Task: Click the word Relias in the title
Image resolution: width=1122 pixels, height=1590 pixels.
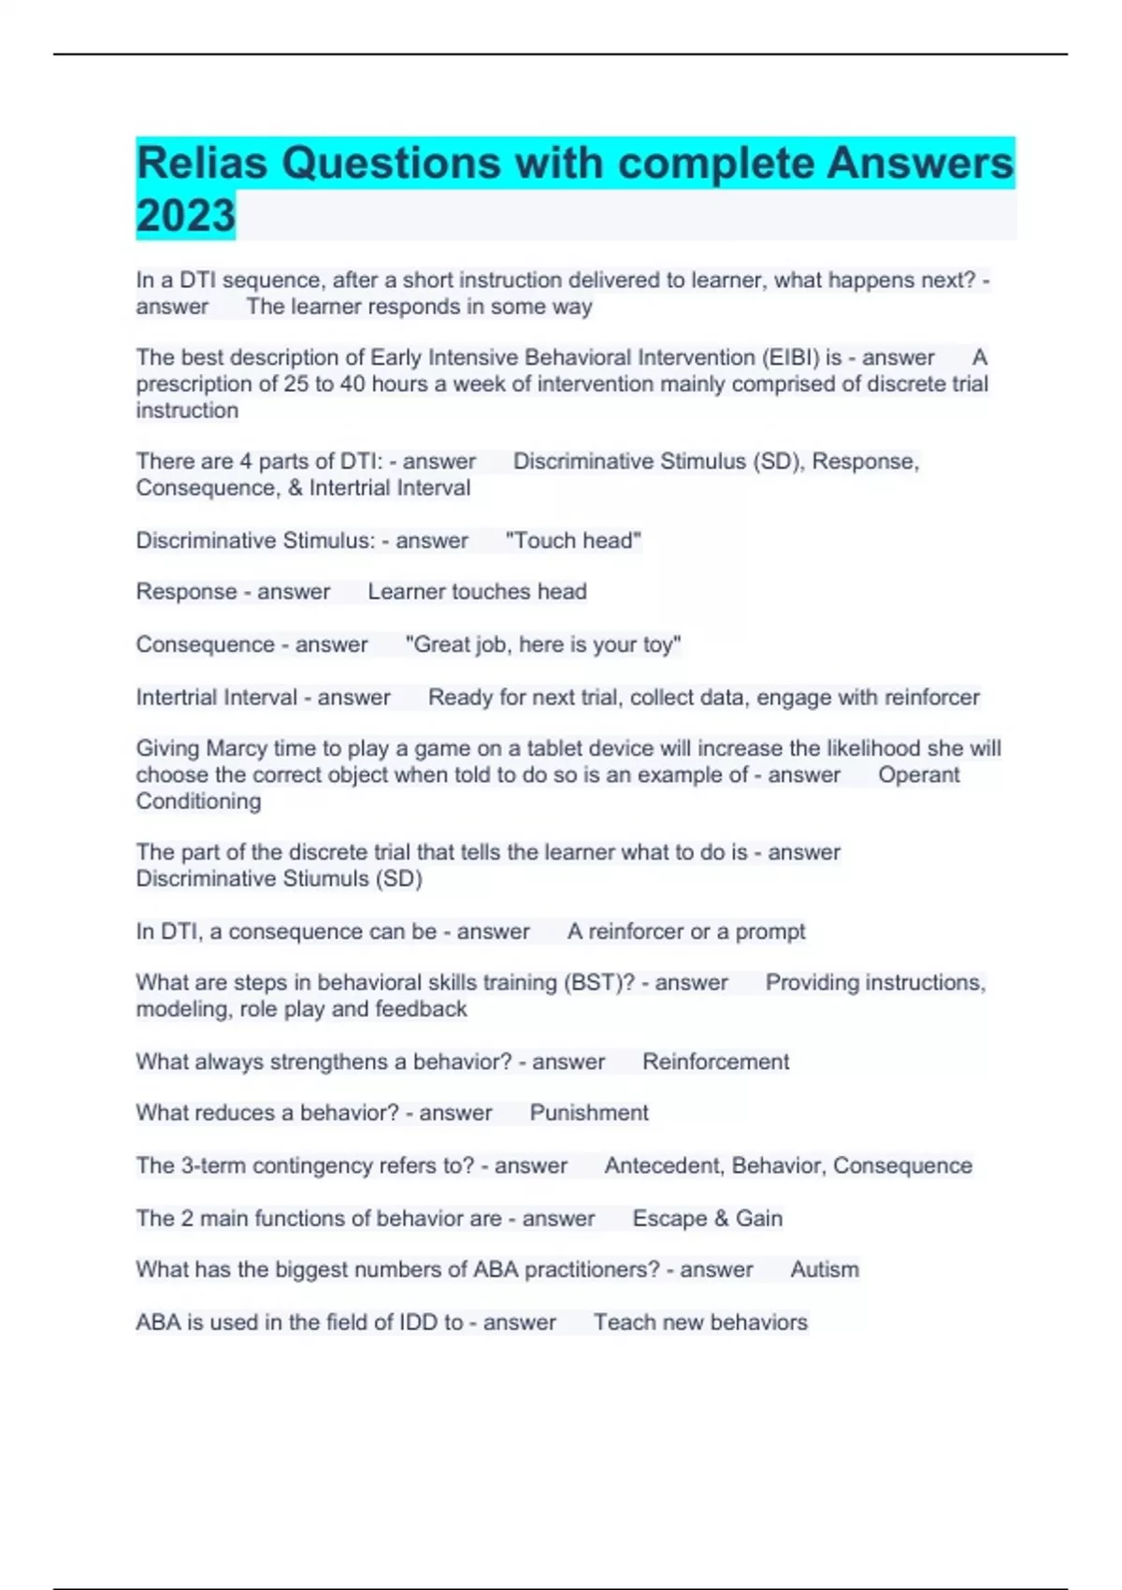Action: pyautogui.click(x=202, y=164)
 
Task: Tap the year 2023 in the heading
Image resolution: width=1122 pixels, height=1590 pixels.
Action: pyautogui.click(x=185, y=216)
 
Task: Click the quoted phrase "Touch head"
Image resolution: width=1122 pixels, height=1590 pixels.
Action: pyautogui.click(x=573, y=541)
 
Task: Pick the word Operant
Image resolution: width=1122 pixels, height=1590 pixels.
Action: pyautogui.click(x=918, y=774)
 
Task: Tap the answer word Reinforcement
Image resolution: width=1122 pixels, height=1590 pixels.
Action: pyautogui.click(x=715, y=1062)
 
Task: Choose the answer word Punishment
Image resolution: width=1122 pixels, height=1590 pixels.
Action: pyautogui.click(x=589, y=1112)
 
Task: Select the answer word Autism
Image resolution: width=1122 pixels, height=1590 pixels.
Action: pyautogui.click(x=824, y=1269)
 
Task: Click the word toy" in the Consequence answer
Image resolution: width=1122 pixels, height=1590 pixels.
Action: pyautogui.click(x=661, y=644)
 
